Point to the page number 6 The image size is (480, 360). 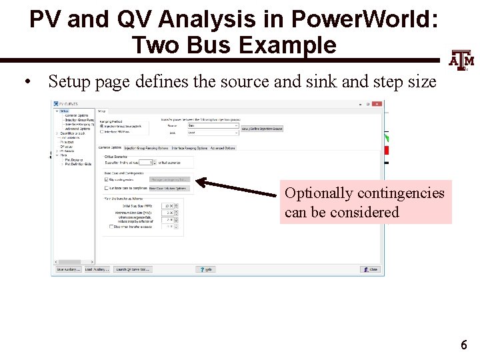tap(463, 345)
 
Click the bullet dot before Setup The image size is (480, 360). tap(27, 83)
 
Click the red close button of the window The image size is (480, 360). tap(377, 104)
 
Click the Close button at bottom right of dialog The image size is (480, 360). tap(371, 269)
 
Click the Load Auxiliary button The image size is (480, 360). tap(97, 269)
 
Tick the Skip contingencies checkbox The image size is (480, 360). tap(107, 179)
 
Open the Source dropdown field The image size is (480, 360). tap(212, 125)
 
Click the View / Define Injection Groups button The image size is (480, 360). tap(262, 128)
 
